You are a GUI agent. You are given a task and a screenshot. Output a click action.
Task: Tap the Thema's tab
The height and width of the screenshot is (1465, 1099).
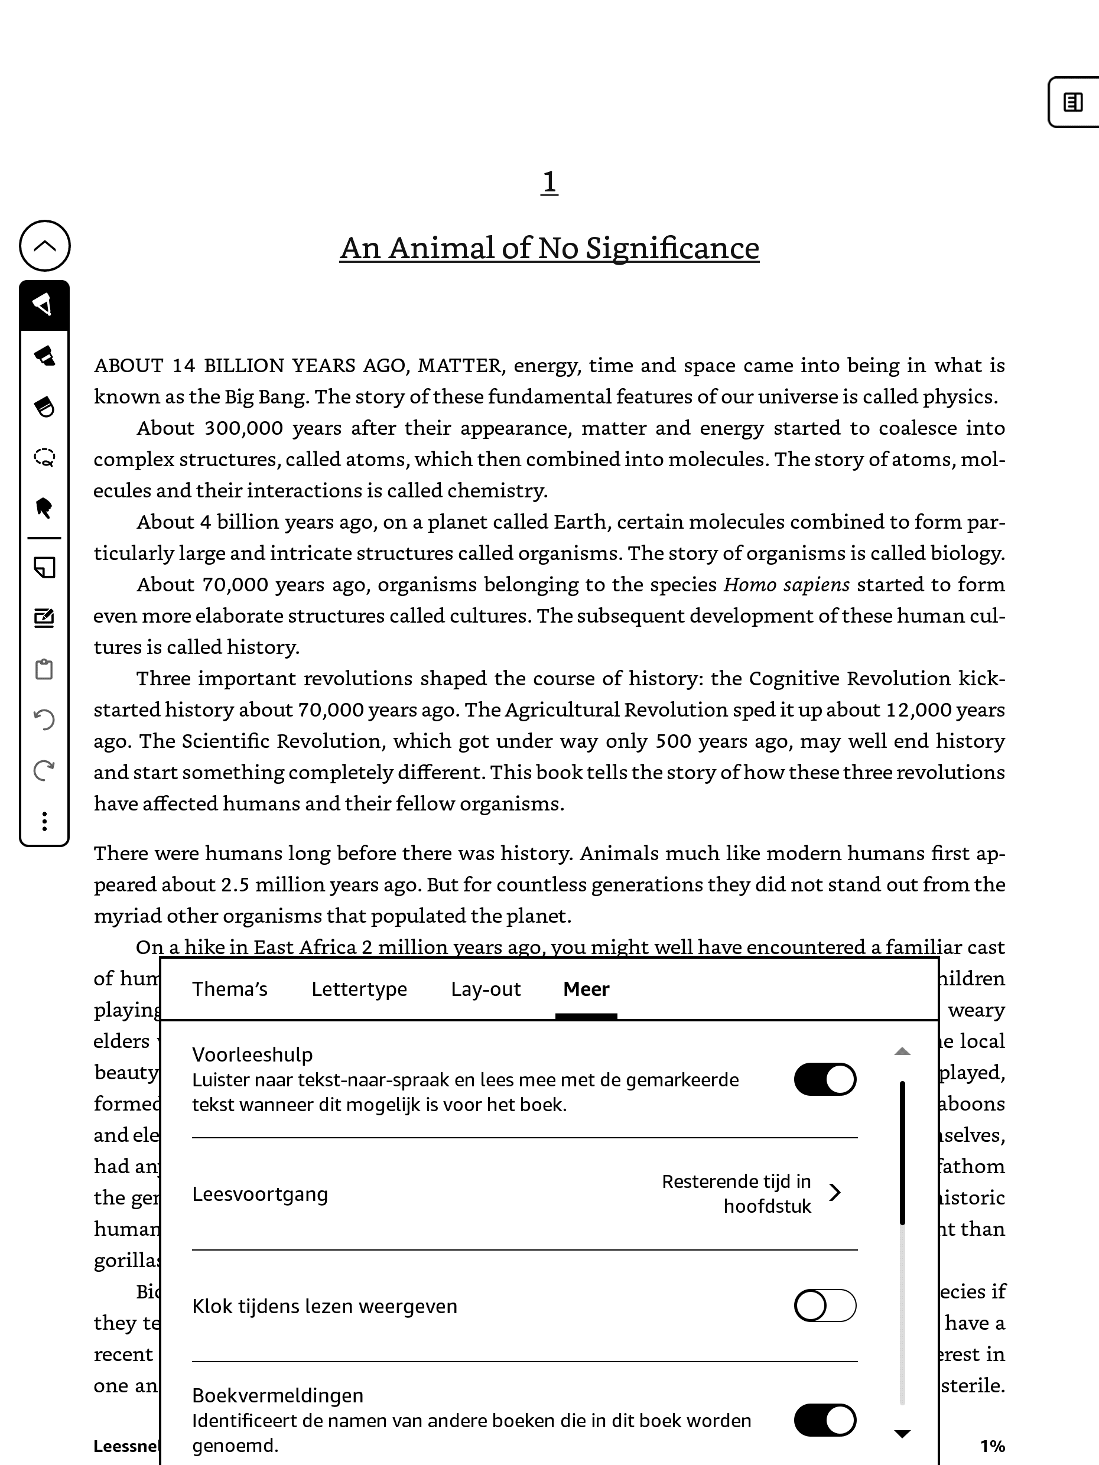(x=229, y=989)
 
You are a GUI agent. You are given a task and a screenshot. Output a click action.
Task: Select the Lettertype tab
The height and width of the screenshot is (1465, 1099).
(x=359, y=989)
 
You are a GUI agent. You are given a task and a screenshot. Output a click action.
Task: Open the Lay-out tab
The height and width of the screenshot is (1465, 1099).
(x=486, y=989)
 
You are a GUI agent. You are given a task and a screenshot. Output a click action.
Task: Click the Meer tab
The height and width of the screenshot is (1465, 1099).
(x=586, y=989)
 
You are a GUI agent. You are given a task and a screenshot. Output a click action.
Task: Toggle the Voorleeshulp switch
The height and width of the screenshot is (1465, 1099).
(x=825, y=1079)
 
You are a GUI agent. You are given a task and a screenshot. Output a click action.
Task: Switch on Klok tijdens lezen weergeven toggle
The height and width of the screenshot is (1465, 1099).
(x=825, y=1306)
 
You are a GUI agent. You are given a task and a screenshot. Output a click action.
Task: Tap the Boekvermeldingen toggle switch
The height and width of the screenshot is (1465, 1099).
(x=825, y=1420)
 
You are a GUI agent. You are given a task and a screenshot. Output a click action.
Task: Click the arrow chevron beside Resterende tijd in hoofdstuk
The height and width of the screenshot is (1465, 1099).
(x=835, y=1193)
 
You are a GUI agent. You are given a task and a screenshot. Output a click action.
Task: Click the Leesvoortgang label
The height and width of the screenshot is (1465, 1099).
(x=259, y=1194)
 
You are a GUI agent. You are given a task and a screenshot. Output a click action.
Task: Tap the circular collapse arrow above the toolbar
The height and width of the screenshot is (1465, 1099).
(x=44, y=246)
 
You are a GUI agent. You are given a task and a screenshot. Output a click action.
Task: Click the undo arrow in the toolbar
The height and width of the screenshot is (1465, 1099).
(x=44, y=720)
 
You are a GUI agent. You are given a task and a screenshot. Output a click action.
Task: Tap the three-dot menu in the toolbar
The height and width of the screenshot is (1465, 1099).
(x=44, y=821)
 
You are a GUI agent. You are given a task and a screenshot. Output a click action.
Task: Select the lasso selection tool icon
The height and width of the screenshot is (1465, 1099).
(x=44, y=457)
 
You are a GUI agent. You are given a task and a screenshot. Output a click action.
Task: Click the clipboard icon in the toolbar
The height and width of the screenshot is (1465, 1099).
(x=44, y=669)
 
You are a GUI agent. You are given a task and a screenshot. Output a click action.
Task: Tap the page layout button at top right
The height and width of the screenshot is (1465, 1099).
(x=1073, y=102)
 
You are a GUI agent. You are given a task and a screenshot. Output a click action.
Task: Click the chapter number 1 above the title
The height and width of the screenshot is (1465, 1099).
(x=549, y=182)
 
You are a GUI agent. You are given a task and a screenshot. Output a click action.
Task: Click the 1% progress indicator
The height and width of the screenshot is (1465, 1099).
(x=992, y=1446)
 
